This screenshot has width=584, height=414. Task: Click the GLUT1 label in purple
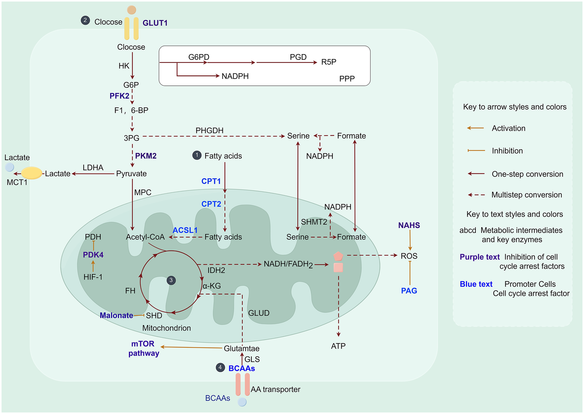[155, 23]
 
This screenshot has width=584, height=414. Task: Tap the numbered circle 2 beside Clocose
[85, 21]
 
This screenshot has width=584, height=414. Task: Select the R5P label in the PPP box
[329, 62]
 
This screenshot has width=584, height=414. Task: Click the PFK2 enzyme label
[119, 96]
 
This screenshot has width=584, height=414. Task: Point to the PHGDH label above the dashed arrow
[209, 131]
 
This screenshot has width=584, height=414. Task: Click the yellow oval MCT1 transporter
[31, 173]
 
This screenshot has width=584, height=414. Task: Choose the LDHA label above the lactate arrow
[93, 168]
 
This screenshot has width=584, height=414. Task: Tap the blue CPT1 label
[211, 181]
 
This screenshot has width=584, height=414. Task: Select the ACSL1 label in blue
[185, 230]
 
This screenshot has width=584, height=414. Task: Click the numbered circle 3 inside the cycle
[171, 280]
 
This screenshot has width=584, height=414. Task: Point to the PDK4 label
[93, 255]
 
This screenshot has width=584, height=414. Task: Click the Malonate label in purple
[116, 316]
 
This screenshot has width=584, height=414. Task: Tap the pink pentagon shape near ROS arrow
[338, 256]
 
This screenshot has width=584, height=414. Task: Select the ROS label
[409, 256]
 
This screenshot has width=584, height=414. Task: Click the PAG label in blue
[409, 291]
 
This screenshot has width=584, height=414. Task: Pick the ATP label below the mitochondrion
[338, 346]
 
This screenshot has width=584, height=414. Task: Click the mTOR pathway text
[143, 349]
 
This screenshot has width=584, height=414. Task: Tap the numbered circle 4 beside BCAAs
[220, 368]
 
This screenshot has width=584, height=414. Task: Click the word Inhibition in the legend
[507, 151]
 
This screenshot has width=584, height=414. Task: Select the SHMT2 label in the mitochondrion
[314, 222]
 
